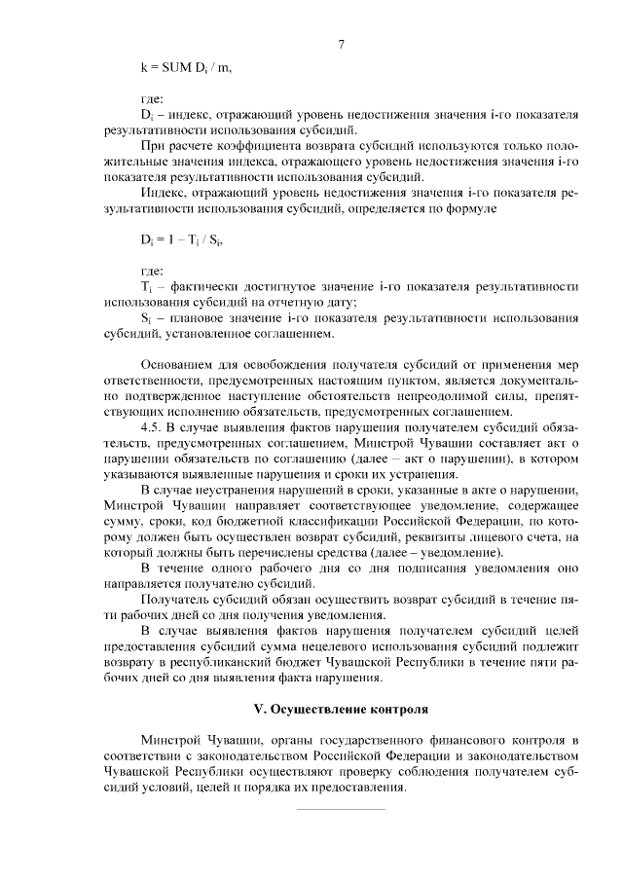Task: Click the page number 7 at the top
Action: click(x=342, y=43)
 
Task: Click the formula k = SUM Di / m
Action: click(x=186, y=67)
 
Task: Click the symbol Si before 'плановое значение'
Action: click(x=146, y=318)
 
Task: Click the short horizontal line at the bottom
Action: click(x=340, y=808)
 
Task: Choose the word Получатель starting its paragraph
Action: click(x=175, y=599)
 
